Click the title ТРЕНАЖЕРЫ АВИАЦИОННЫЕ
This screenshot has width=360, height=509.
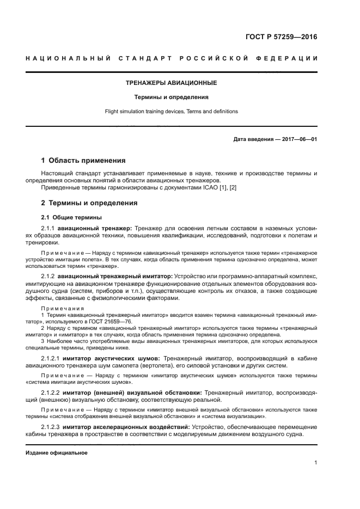(172, 83)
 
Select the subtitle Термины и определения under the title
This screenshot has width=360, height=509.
(172, 97)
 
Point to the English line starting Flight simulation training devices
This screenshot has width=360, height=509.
(172, 112)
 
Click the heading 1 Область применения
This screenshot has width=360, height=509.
(84, 161)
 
